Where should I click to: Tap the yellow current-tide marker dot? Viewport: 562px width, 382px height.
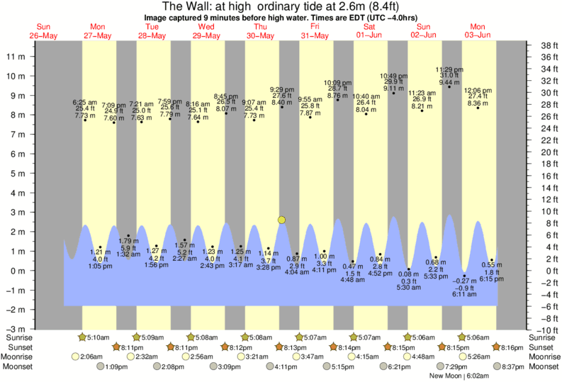tap(282, 220)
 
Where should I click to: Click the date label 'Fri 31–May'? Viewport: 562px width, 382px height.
tap(313, 31)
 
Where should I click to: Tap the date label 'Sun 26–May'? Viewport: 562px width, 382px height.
tap(44, 31)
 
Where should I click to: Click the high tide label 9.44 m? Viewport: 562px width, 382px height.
tap(449, 82)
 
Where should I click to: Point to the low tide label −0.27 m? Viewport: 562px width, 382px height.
tap(464, 281)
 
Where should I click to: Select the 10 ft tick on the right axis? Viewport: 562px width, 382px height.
tap(545, 211)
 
